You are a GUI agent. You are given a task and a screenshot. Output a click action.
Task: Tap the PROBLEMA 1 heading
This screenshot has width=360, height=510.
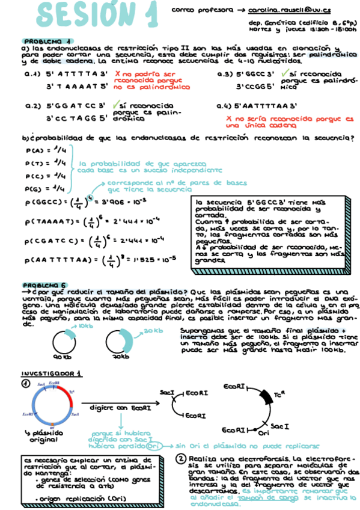coord(38,42)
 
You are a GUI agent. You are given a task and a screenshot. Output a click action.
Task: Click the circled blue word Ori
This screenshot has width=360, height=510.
coord(154,446)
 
